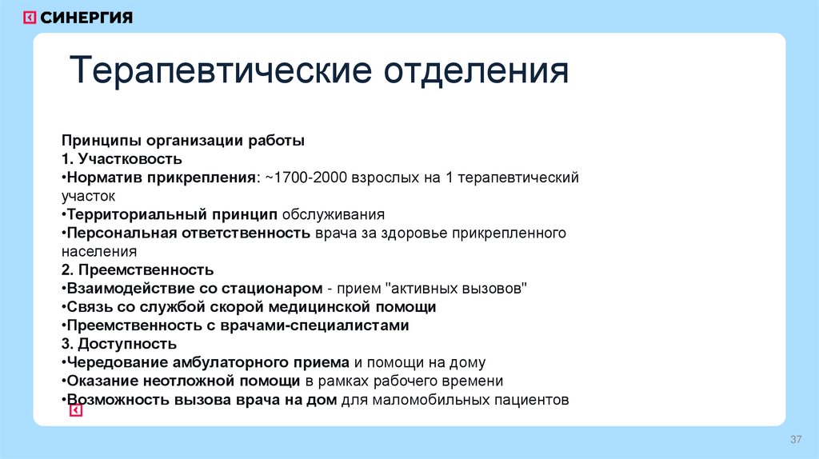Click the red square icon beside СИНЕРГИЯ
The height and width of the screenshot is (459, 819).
coord(30,18)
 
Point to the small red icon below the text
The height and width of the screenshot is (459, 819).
coord(75,410)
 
